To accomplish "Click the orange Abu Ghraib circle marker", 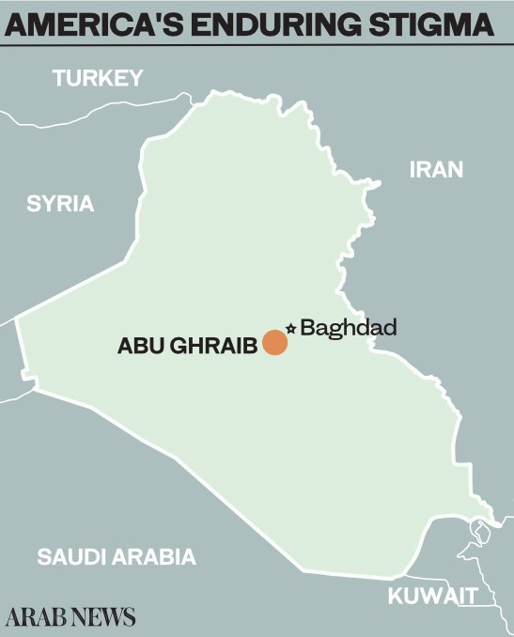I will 274,343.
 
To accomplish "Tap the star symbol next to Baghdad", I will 290,328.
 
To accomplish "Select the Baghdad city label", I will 349,328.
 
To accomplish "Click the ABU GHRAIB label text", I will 187,346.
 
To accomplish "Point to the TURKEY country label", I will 97,78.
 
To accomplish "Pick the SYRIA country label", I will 61,203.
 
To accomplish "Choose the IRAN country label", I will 437,170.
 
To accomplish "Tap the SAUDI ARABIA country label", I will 117,556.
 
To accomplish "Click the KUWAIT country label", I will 434,596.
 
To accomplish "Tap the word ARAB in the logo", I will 36,617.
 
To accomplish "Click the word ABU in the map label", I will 136,346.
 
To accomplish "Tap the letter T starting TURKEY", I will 59,78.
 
